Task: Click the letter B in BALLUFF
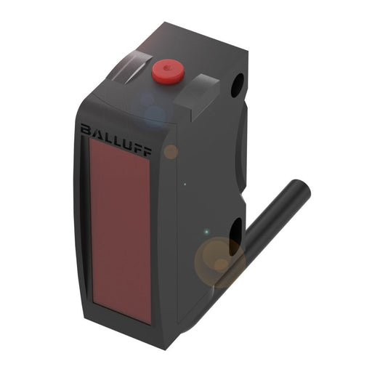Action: point(86,129)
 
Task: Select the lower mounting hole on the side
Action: point(237,237)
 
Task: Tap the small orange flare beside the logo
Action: point(170,152)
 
